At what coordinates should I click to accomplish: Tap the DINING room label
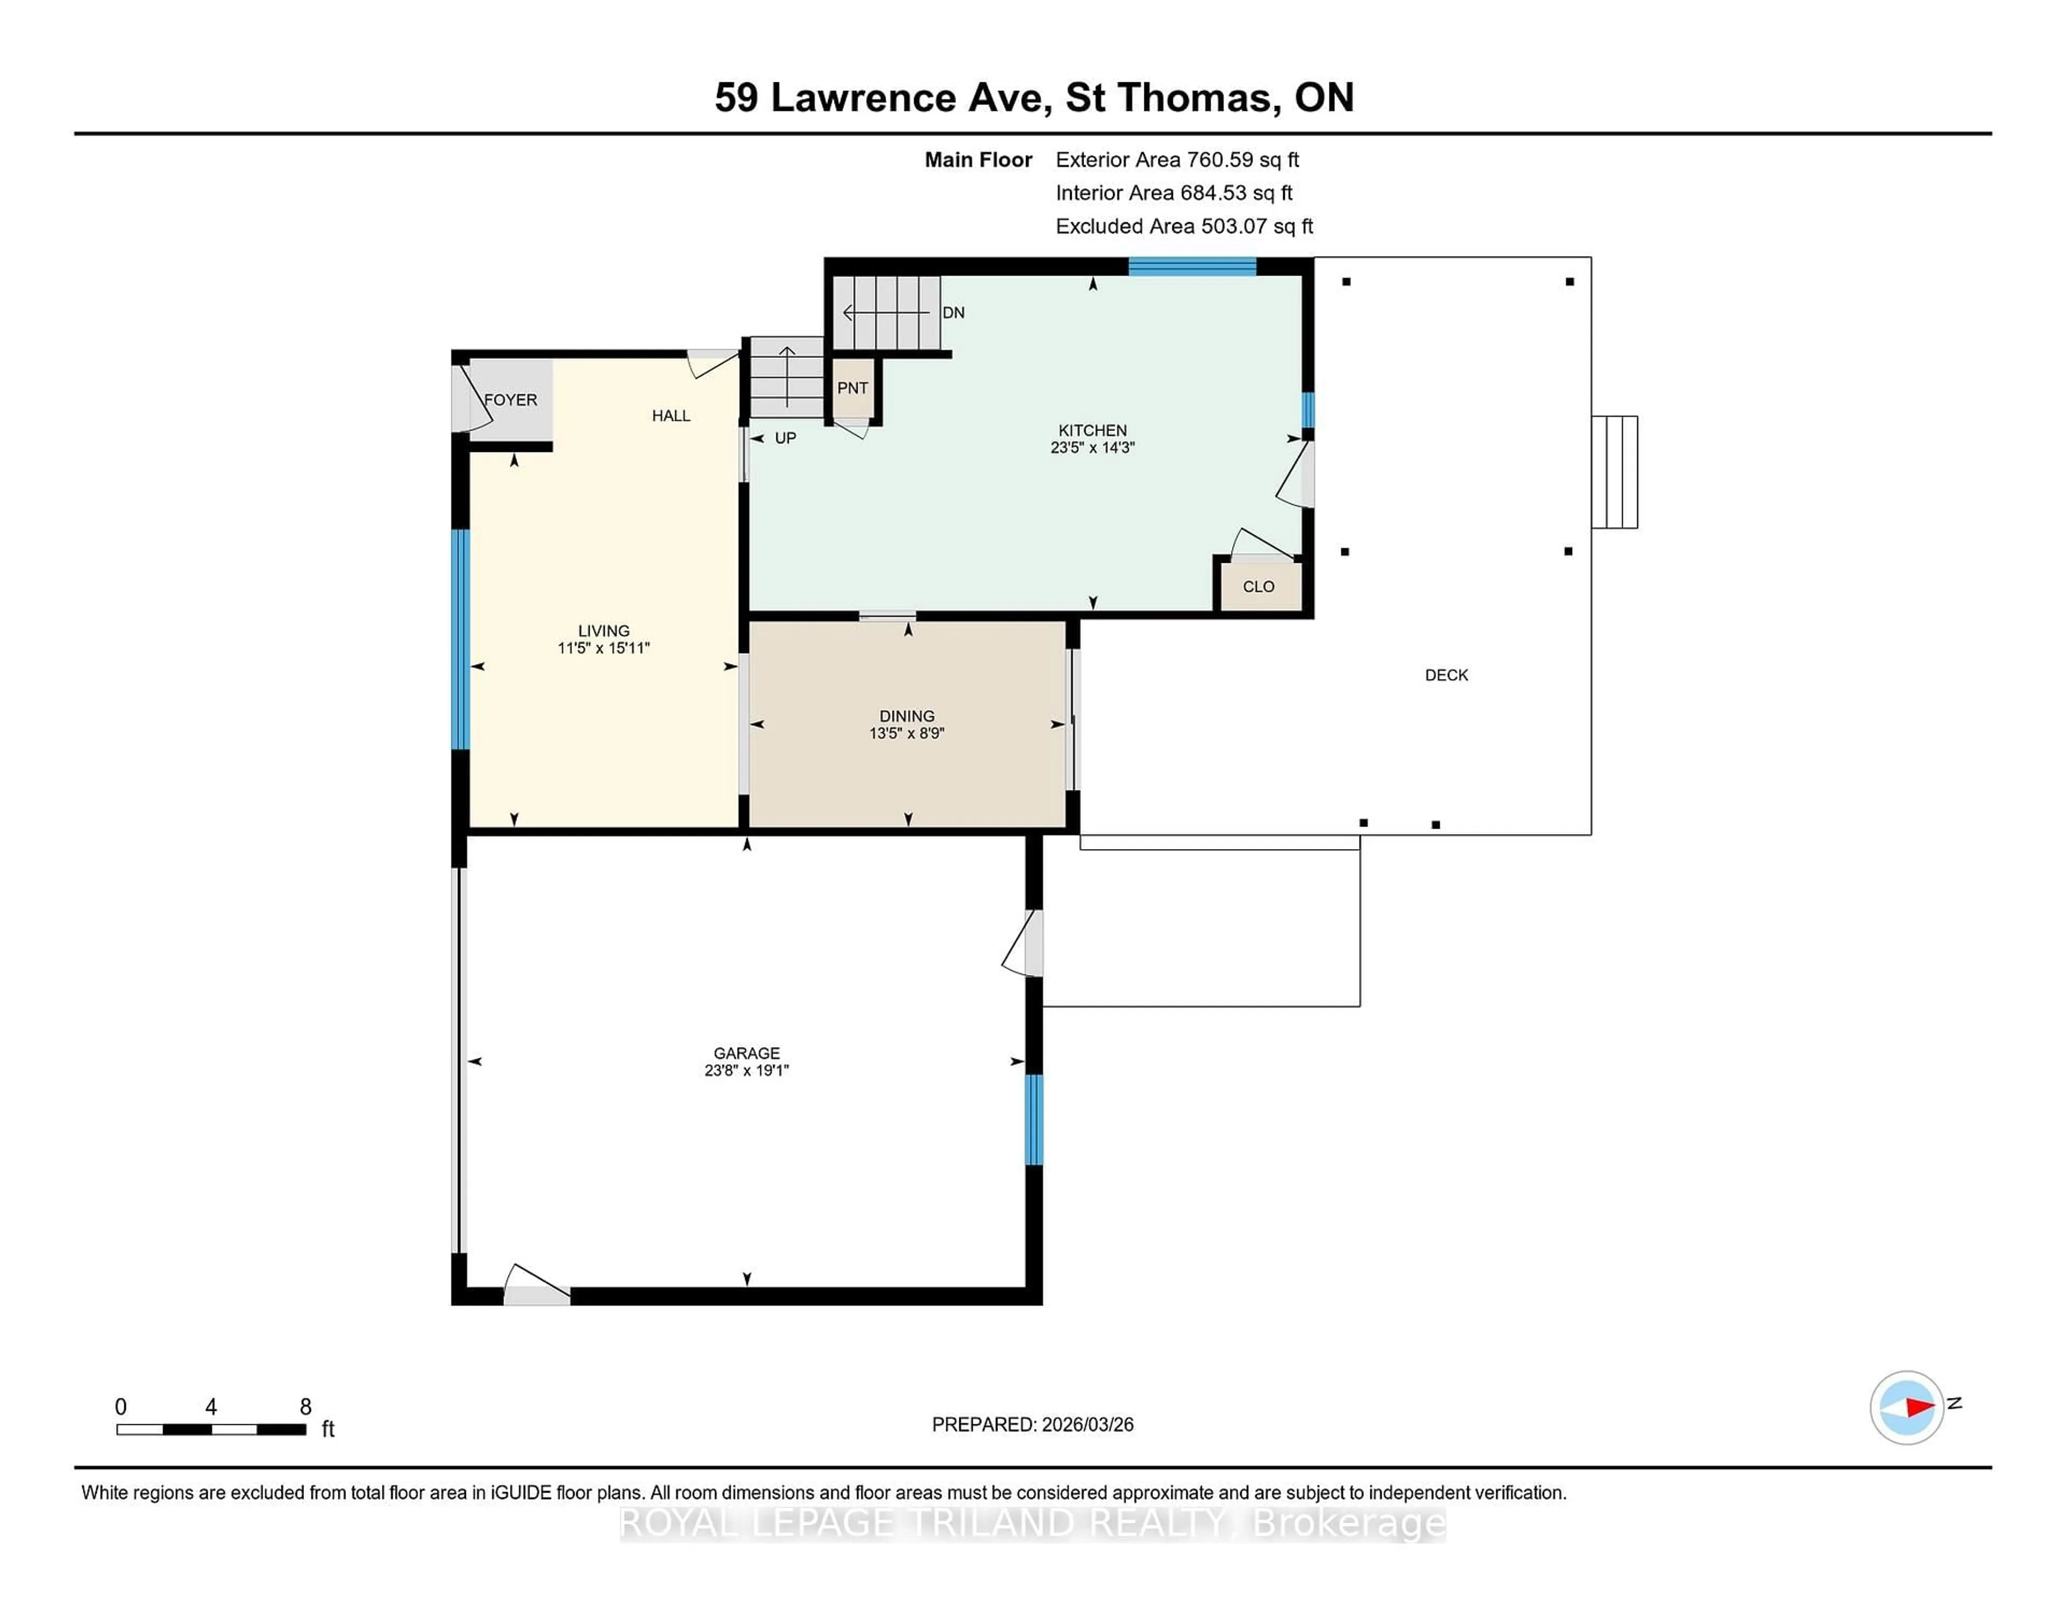pyautogui.click(x=906, y=716)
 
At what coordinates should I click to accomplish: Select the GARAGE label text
pyautogui.click(x=746, y=1053)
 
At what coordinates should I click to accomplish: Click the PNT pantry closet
pyautogui.click(x=852, y=388)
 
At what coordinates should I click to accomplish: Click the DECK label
pyautogui.click(x=1446, y=675)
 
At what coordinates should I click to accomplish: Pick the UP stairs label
pyautogui.click(x=785, y=438)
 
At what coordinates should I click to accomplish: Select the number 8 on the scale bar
pyautogui.click(x=306, y=1407)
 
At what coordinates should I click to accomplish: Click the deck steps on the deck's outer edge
pyautogui.click(x=1614, y=472)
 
